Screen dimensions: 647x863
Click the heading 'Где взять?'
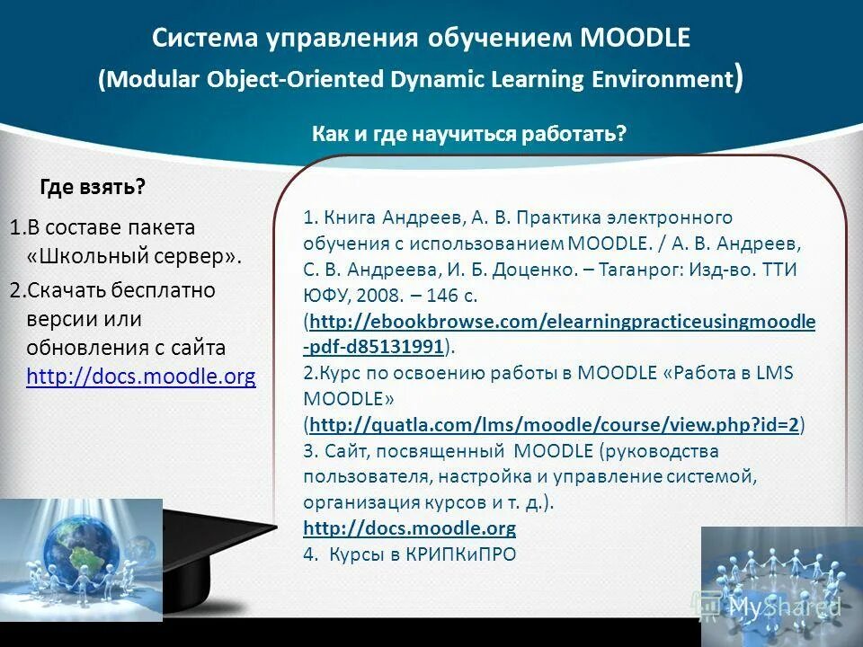(93, 187)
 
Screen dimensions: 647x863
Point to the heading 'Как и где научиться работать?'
(468, 134)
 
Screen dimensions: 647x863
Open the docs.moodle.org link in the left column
(141, 377)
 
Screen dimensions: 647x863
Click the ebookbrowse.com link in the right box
(559, 321)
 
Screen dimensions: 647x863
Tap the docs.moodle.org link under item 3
(409, 527)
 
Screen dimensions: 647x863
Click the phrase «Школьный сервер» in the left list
(135, 256)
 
